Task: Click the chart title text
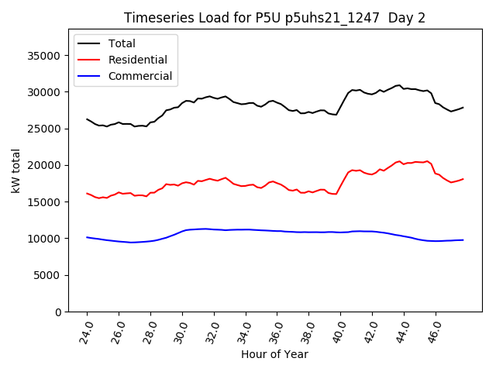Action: point(274,18)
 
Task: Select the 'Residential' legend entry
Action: point(136,60)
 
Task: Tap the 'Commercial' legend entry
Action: point(140,76)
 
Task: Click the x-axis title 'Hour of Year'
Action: point(274,354)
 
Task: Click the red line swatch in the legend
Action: point(90,60)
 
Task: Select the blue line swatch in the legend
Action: point(90,76)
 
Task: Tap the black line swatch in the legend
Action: point(90,43)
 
